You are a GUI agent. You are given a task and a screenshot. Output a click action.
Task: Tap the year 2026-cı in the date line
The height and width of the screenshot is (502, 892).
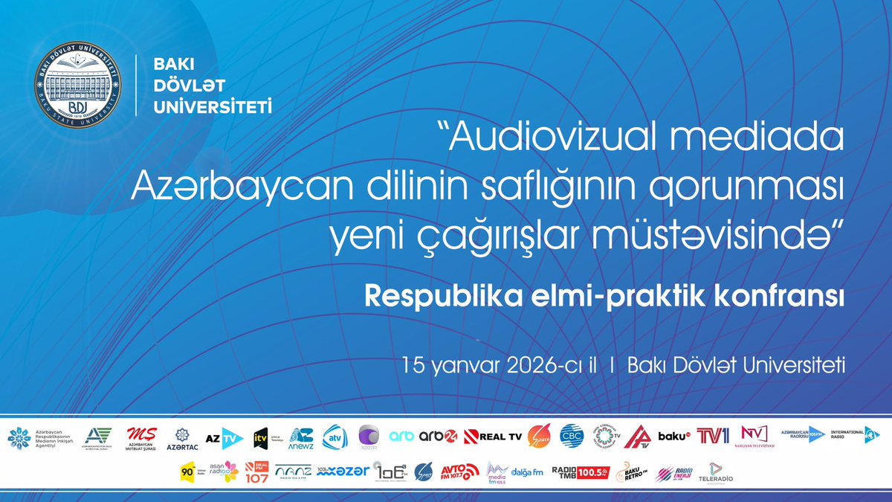tap(532, 366)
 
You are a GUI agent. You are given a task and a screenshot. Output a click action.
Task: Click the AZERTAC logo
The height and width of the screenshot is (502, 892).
tap(182, 438)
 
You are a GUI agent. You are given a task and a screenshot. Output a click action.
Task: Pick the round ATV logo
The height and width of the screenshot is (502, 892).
tap(334, 437)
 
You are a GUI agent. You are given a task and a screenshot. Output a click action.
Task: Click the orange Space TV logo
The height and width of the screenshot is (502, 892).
tap(539, 437)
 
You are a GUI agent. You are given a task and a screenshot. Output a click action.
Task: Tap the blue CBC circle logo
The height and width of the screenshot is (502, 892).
tap(572, 436)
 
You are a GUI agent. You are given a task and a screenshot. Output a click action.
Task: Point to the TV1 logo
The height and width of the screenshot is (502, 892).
tap(718, 436)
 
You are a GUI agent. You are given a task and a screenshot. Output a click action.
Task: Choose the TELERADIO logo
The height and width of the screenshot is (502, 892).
tap(712, 472)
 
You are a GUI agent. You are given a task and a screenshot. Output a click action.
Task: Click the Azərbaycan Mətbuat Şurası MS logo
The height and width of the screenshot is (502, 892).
tap(142, 437)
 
